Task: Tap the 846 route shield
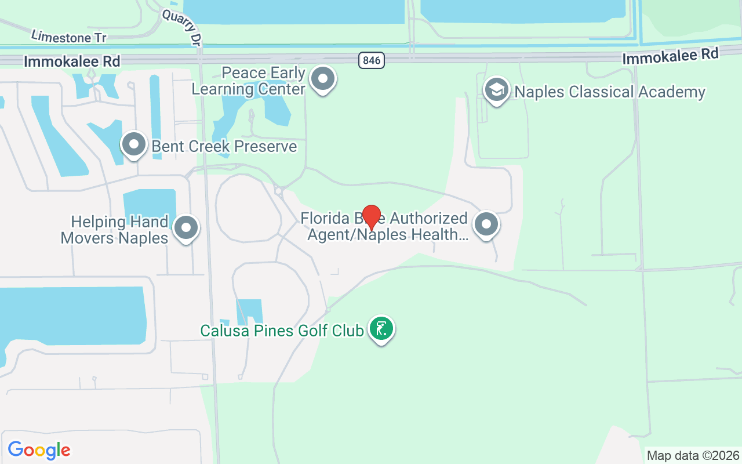coord(371,59)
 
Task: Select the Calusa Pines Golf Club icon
coord(381,329)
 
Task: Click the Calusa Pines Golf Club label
coord(282,331)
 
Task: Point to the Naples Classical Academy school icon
coord(497,90)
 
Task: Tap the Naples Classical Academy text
coord(610,92)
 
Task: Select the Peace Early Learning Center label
coord(249,81)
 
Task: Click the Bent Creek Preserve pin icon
coord(134,144)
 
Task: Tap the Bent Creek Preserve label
coord(224,146)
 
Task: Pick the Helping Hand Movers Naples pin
coord(186,228)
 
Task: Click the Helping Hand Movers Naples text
coord(115,230)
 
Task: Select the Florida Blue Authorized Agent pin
coord(486,224)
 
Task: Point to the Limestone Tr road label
coord(69,37)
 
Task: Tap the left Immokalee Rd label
coord(72,61)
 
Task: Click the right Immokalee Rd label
coord(670,56)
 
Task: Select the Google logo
coord(39,450)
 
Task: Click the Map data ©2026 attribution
coord(693,455)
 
